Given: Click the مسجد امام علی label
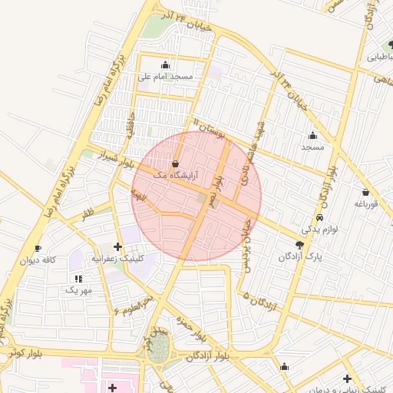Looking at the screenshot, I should (165, 77).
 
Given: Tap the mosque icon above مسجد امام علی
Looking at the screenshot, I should (165, 64).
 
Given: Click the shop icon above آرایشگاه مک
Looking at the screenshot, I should (176, 163).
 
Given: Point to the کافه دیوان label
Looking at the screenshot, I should (39, 260).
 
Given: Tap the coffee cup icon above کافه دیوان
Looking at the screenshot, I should (38, 249).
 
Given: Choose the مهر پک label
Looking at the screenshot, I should (78, 289).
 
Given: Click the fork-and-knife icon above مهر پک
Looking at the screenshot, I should (78, 278).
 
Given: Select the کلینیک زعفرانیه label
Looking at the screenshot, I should (117, 259).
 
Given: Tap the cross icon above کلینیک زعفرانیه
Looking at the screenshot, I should (117, 246).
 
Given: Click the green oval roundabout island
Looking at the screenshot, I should (159, 349).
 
